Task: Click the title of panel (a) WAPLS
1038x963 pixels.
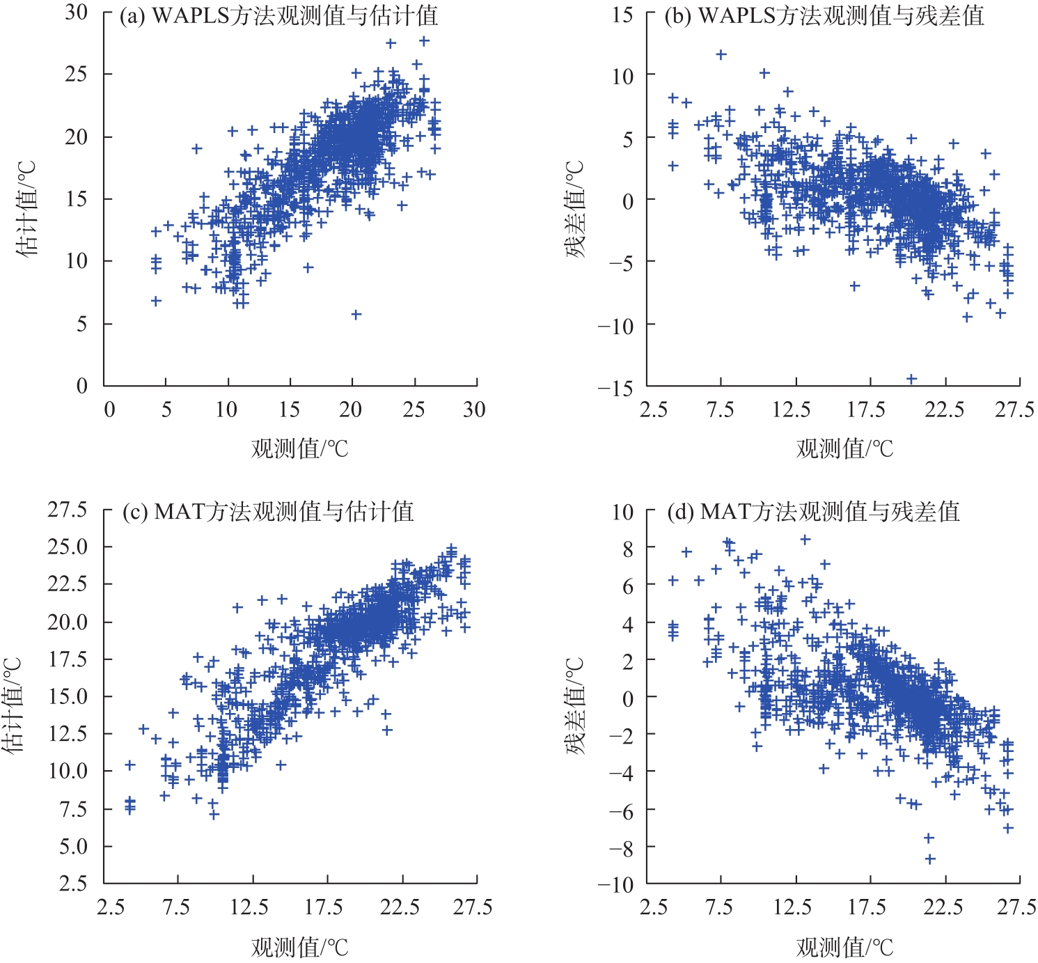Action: pos(278,16)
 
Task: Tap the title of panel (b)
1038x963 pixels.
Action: pos(824,16)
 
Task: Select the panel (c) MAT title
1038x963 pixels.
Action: pos(268,512)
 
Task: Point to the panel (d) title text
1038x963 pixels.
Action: pos(813,512)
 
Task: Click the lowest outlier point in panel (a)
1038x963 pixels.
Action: pos(356,315)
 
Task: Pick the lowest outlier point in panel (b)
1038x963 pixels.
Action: pos(911,379)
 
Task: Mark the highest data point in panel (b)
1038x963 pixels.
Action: pos(721,54)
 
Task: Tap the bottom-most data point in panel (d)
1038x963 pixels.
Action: pos(930,859)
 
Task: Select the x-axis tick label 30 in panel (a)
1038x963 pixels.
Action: pos(474,409)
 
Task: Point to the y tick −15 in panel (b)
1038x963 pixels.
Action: pos(615,388)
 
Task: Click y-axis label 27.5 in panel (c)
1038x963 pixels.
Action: pos(68,510)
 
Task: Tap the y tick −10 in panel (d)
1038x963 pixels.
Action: pos(615,884)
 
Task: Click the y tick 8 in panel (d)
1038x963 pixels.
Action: pos(628,548)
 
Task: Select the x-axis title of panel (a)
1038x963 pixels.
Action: pos(299,448)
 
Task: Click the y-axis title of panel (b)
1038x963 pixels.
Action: pos(575,210)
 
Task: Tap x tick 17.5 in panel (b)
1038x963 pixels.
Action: pos(865,409)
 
